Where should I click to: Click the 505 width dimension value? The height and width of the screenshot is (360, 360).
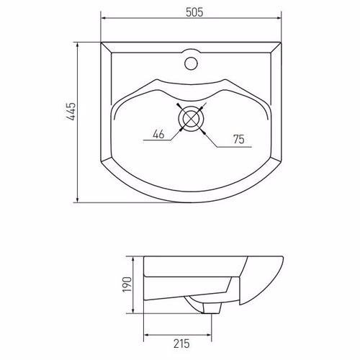(194, 12)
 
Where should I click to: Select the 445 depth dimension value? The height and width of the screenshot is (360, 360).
(71, 112)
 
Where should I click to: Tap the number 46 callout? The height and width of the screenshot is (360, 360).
(158, 134)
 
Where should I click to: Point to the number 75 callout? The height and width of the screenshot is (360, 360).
(239, 139)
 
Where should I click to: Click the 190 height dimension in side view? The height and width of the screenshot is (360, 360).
(127, 284)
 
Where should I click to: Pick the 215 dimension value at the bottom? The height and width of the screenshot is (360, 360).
(181, 343)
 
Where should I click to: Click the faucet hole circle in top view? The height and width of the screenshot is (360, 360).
(191, 63)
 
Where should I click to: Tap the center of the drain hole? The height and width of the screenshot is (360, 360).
(191, 119)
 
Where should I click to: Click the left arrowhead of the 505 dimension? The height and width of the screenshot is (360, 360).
(104, 18)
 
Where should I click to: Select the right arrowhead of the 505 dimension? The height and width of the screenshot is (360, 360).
(279, 18)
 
